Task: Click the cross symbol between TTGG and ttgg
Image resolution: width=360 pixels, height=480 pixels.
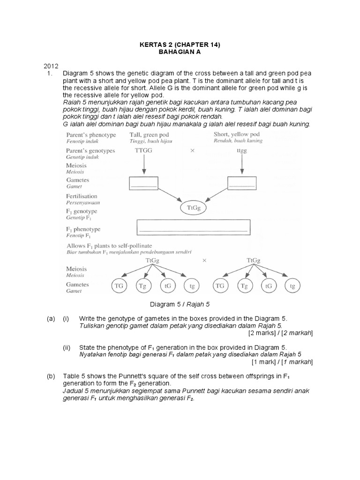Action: click(192, 151)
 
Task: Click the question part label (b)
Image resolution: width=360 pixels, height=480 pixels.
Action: click(51, 377)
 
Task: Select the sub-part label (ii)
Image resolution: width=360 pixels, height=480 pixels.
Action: click(67, 347)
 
